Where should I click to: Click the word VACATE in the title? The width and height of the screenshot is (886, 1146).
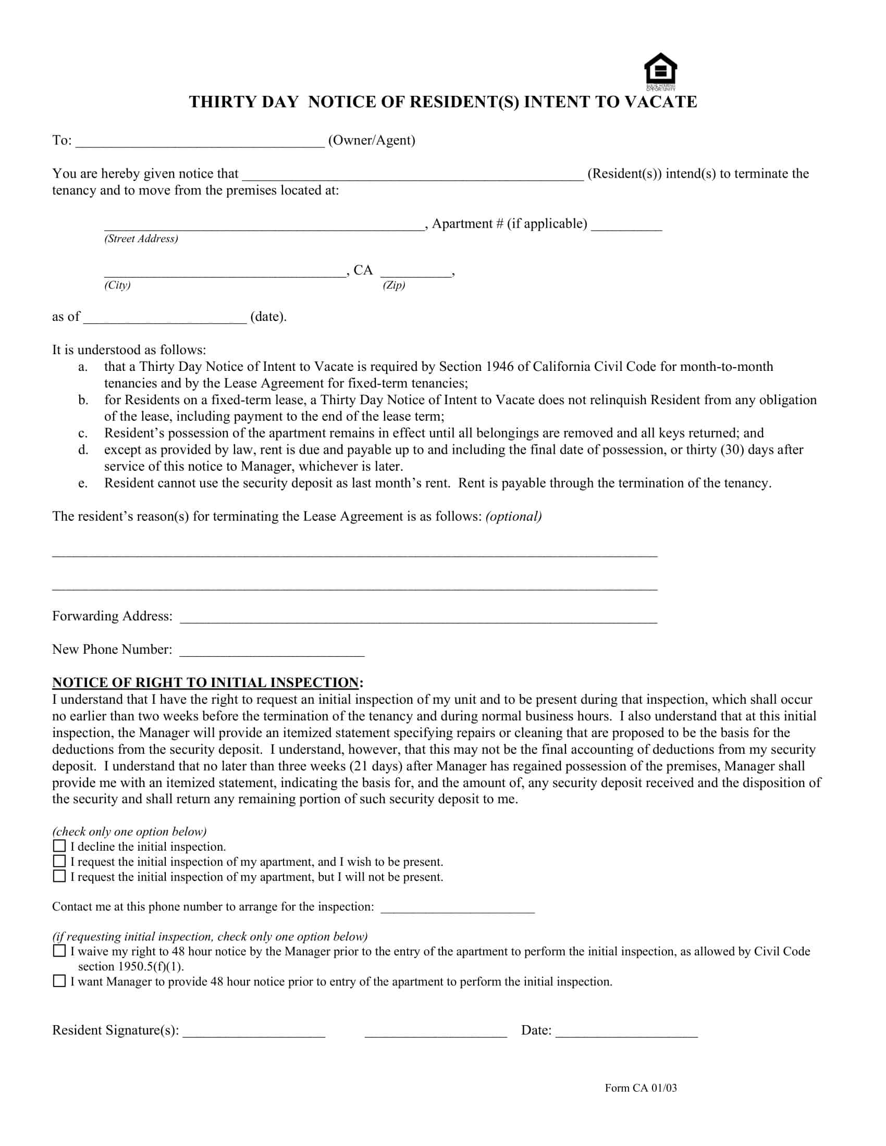click(x=661, y=102)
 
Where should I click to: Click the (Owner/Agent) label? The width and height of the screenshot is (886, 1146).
click(x=372, y=140)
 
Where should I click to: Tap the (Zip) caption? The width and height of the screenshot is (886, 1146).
click(x=393, y=285)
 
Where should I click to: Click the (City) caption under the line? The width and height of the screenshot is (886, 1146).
click(x=118, y=285)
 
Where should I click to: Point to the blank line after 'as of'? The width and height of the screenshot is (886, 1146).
click(x=165, y=319)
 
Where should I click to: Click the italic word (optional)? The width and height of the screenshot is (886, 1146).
click(x=513, y=516)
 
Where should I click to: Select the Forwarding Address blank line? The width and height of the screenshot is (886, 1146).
click(x=419, y=618)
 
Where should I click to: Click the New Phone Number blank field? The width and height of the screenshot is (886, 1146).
click(x=272, y=652)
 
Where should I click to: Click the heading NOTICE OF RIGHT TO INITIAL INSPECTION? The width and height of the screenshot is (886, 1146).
click(x=205, y=683)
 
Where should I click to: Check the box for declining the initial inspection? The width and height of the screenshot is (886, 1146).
click(x=59, y=846)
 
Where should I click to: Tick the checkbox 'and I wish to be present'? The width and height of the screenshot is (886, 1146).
click(x=59, y=861)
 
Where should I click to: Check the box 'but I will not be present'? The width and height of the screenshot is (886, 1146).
click(x=59, y=876)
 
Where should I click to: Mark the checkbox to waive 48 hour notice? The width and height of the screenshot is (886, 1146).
click(x=59, y=951)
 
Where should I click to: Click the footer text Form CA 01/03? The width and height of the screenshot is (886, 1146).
click(x=641, y=1088)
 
